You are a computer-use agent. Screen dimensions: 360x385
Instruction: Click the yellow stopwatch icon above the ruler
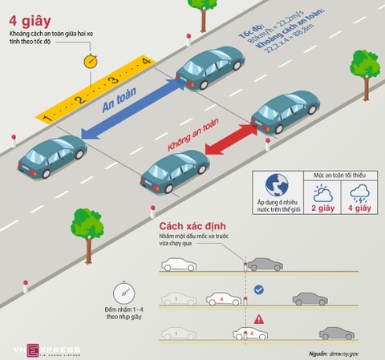click(x=89, y=61)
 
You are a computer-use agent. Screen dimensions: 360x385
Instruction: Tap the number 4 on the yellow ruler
click(x=144, y=62)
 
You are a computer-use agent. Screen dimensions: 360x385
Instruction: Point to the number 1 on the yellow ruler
click(x=47, y=117)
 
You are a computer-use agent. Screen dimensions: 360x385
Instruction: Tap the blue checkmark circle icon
click(x=258, y=288)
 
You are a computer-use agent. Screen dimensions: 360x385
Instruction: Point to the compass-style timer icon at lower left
click(x=123, y=291)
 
